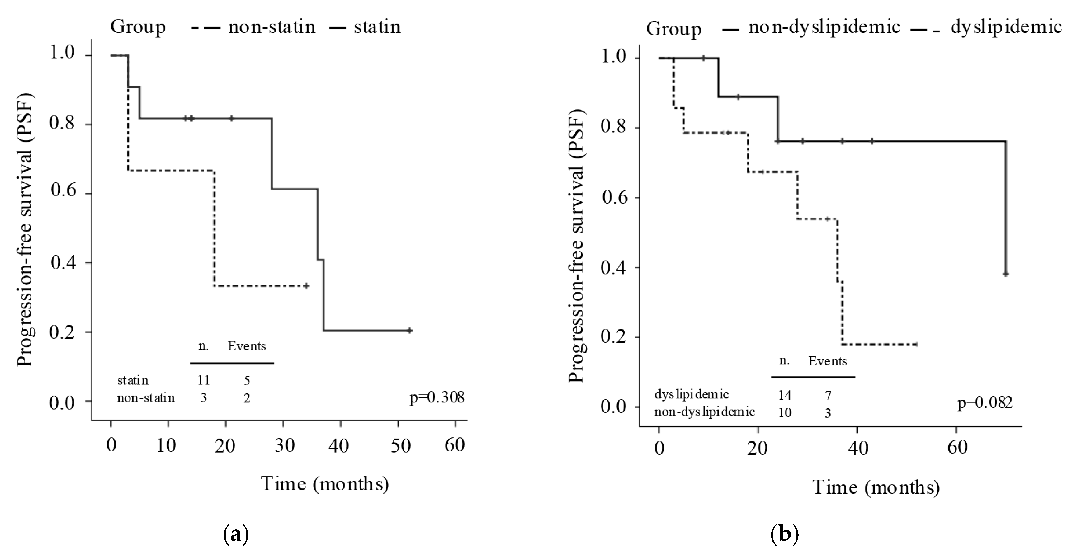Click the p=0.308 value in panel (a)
(x=437, y=398)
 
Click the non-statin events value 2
(x=247, y=398)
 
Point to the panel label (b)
(x=784, y=534)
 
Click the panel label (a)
(x=236, y=534)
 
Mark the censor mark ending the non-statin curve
(x=306, y=286)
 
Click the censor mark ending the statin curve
(x=410, y=330)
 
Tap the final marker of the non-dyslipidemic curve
(x=1006, y=274)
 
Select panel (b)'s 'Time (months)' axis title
(x=876, y=487)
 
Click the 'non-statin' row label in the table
(x=146, y=398)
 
